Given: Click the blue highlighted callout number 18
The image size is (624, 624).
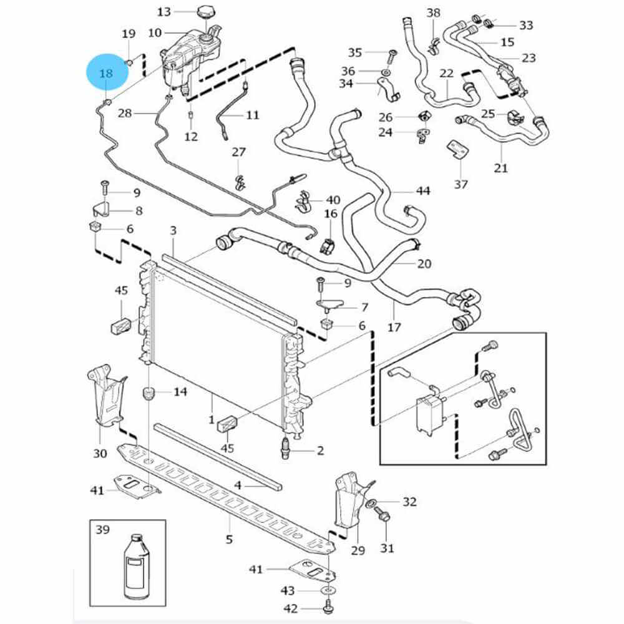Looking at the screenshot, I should (107, 73).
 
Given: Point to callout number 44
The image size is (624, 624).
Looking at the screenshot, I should (423, 191).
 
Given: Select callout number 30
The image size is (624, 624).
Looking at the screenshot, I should (100, 454).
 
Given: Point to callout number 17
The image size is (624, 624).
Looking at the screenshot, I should (394, 326).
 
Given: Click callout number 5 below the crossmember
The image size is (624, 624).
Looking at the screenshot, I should (229, 540).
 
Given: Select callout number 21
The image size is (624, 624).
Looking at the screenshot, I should (501, 167).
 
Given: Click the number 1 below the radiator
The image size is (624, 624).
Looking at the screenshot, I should (211, 419).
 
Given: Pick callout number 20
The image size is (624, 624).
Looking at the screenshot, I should (424, 264).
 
